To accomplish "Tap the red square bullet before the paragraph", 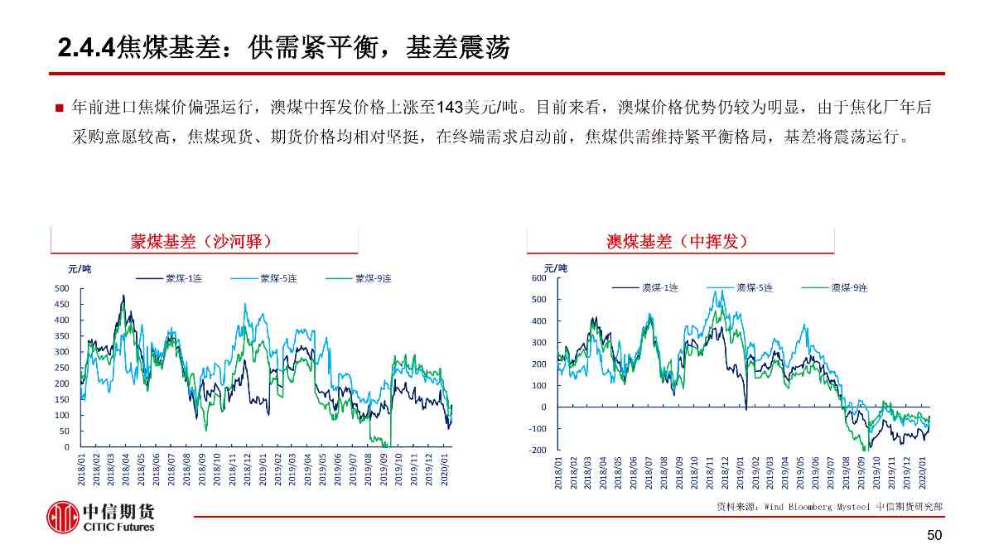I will (59, 108).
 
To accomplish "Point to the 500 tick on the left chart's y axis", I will (61, 289).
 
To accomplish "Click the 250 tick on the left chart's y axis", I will (61, 368).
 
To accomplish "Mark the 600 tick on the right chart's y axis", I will (538, 278).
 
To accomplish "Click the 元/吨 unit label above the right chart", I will (556, 268).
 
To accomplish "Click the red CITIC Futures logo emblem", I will (62, 518).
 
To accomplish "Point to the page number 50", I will (934, 536).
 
